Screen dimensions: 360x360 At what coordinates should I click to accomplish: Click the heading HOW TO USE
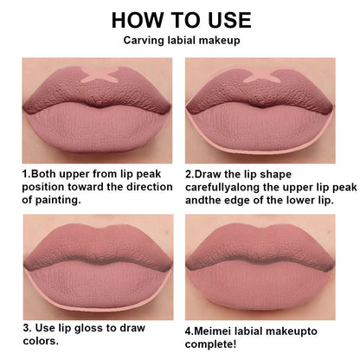tap(180, 19)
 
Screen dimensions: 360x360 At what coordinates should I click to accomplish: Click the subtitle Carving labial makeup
tap(180, 41)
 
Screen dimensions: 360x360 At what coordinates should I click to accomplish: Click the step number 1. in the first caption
tap(27, 173)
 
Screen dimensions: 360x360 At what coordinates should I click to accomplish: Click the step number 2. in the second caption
tap(191, 173)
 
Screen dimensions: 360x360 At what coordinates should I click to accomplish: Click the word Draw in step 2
tap(214, 173)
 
